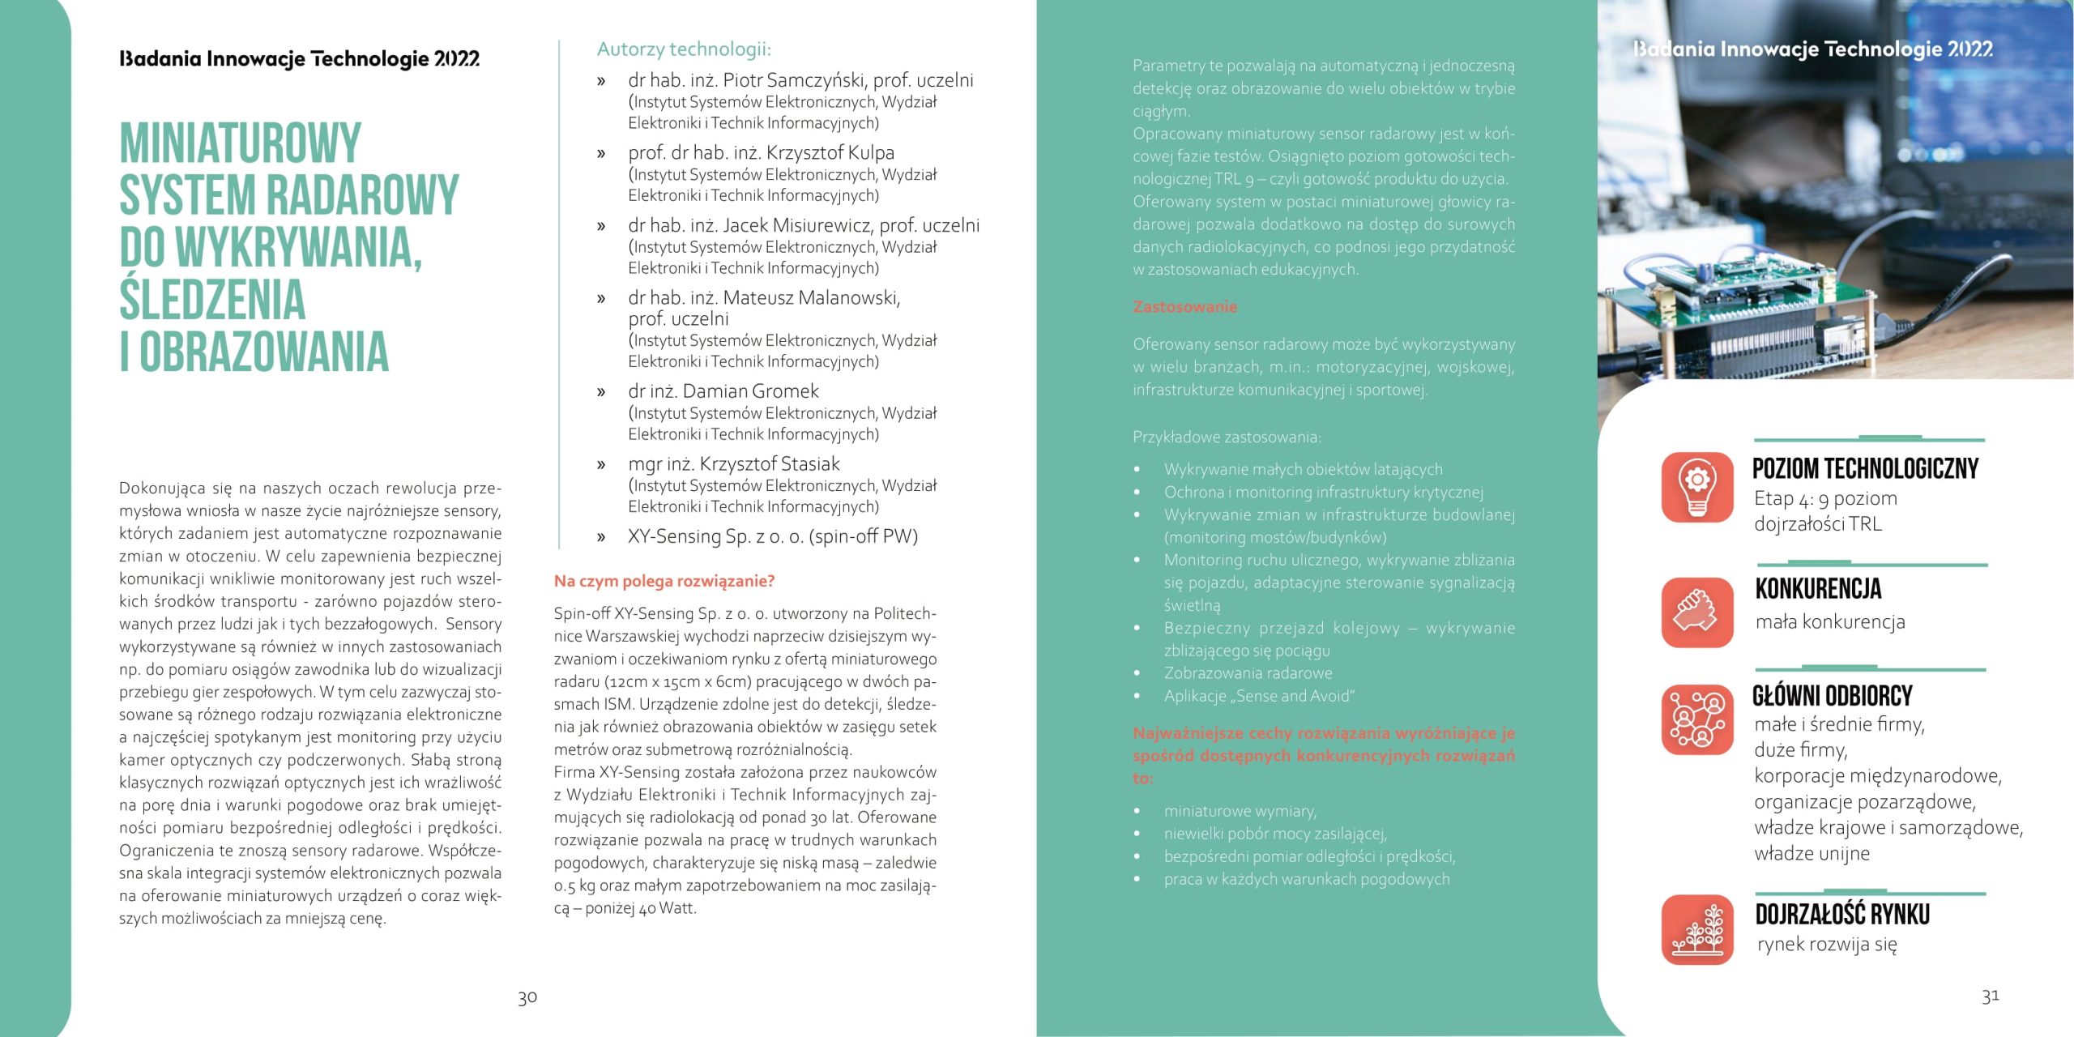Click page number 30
pyautogui.click(x=527, y=997)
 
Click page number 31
pyautogui.click(x=1991, y=996)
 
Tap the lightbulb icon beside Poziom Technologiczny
pyautogui.click(x=1697, y=487)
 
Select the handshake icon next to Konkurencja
pyautogui.click(x=1697, y=612)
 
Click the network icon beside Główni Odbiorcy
pyautogui.click(x=1697, y=719)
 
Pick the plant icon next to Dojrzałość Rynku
pyautogui.click(x=1697, y=929)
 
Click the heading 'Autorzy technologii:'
pyautogui.click(x=684, y=49)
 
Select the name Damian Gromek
pyautogui.click(x=750, y=391)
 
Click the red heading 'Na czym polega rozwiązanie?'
pyautogui.click(x=664, y=581)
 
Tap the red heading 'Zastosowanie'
pyautogui.click(x=1184, y=307)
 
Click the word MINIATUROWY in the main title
pyautogui.click(x=241, y=143)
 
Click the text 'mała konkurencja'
pyautogui.click(x=1829, y=622)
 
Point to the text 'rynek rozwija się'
pyautogui.click(x=1827, y=944)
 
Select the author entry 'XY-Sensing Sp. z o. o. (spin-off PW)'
pyautogui.click(x=772, y=536)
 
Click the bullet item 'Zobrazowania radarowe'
pyautogui.click(x=1248, y=673)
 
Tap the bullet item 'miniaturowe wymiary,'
pyautogui.click(x=1240, y=811)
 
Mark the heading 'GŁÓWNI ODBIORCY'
pyautogui.click(x=1832, y=696)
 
